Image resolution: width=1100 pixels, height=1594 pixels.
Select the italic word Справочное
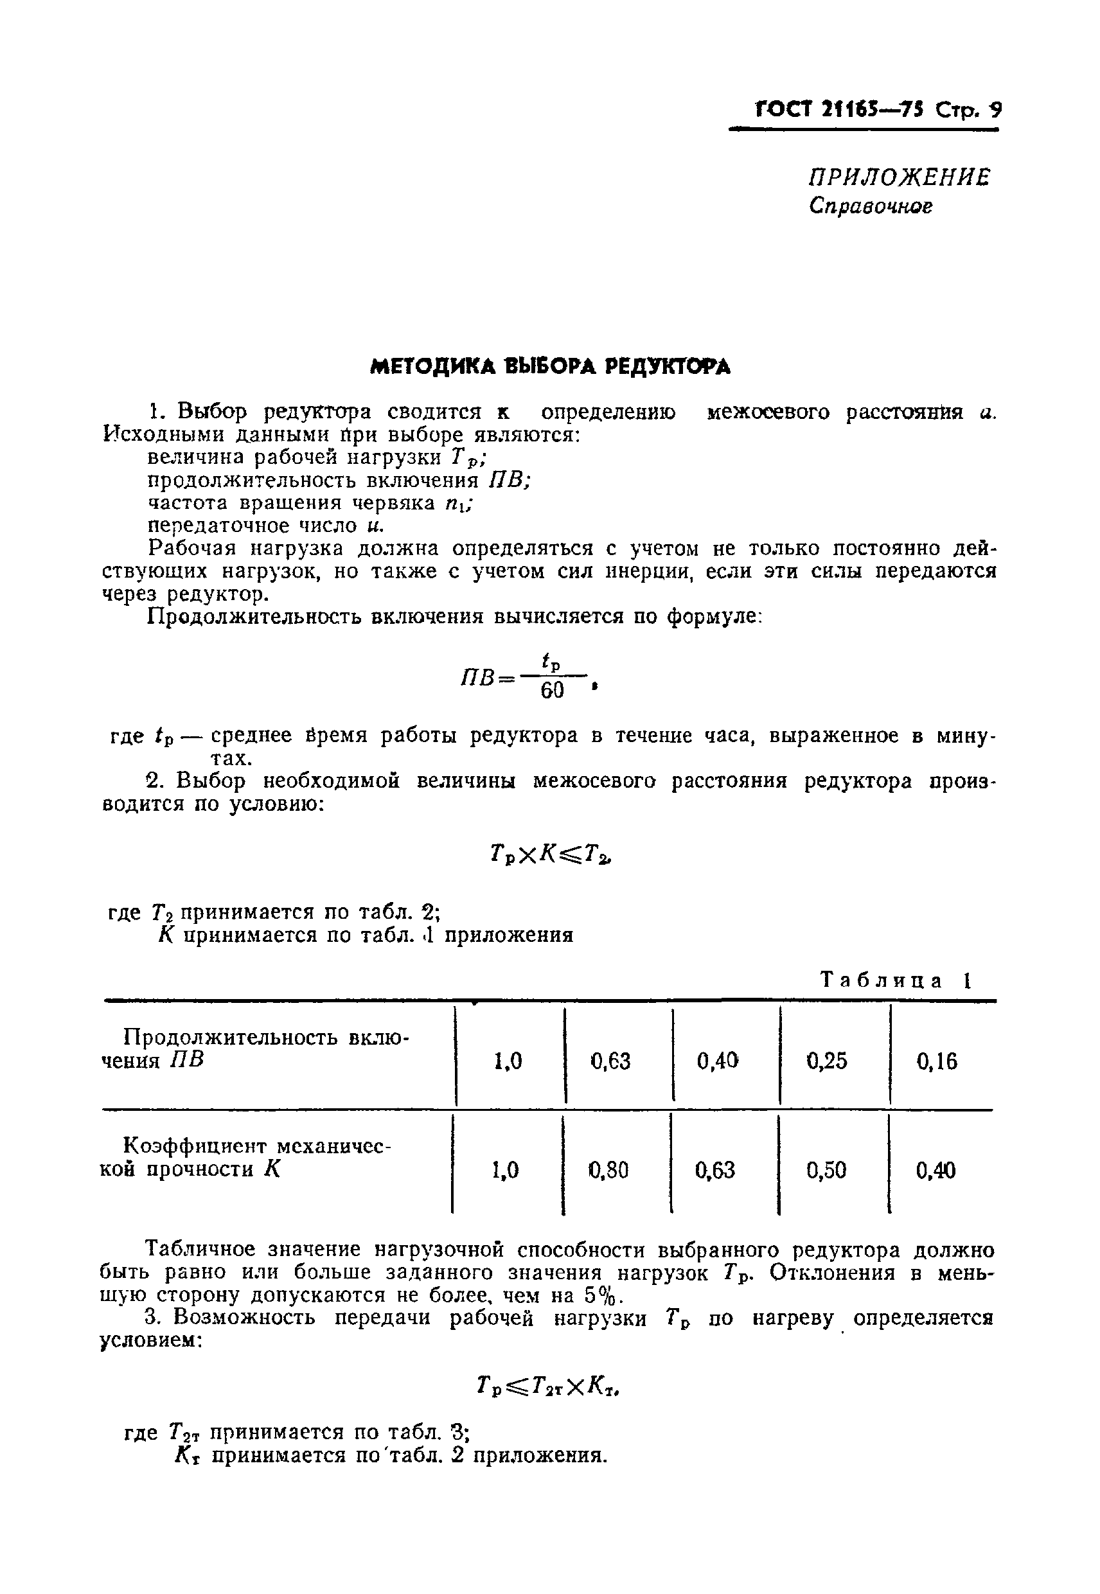[x=871, y=206]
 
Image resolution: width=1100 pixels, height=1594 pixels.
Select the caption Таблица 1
[x=896, y=980]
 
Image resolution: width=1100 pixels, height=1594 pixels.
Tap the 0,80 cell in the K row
[x=609, y=1170]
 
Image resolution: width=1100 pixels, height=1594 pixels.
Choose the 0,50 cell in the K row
[x=826, y=1170]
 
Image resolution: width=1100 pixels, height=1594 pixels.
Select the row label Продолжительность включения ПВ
[x=255, y=1048]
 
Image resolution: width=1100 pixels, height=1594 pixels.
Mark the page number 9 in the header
[x=995, y=111]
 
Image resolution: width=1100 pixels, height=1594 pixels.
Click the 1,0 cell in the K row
[x=506, y=1170]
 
